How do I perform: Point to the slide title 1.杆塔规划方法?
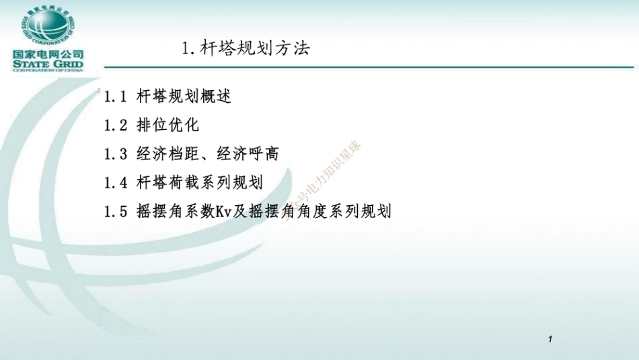click(x=246, y=48)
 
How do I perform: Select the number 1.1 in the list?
click(x=116, y=97)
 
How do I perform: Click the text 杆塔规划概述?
click(x=184, y=97)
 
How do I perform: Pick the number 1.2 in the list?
click(x=116, y=126)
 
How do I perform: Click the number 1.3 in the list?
click(x=116, y=154)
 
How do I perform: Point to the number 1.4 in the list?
click(x=116, y=182)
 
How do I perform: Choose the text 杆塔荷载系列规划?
click(x=200, y=182)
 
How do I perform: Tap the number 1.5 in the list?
click(x=116, y=211)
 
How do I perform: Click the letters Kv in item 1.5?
click(x=224, y=211)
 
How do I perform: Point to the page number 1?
click(x=550, y=339)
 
